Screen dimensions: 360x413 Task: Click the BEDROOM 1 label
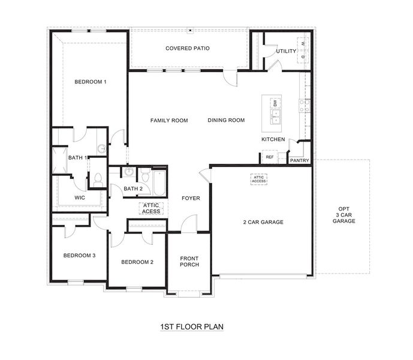[x=91, y=82]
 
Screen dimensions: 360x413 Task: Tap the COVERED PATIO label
[x=187, y=48]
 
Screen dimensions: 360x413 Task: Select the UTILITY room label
[x=285, y=52]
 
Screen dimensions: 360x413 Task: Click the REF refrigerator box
[x=269, y=157]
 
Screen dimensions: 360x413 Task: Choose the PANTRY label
[x=299, y=161]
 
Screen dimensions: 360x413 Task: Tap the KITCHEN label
[x=273, y=139]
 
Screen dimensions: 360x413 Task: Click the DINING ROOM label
[x=226, y=120]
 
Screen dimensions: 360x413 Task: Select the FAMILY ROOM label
[x=169, y=120]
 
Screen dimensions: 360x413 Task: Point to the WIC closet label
[x=80, y=197]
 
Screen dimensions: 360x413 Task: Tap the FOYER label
[x=191, y=198]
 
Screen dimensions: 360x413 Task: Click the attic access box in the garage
[x=258, y=179]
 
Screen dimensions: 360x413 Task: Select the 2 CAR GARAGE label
[x=263, y=222]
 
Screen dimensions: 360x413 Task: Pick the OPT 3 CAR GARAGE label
[x=344, y=217]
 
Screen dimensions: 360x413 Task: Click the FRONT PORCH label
[x=189, y=262]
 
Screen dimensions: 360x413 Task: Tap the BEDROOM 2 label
[x=137, y=262]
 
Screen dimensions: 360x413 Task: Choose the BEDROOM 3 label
[x=80, y=256]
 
